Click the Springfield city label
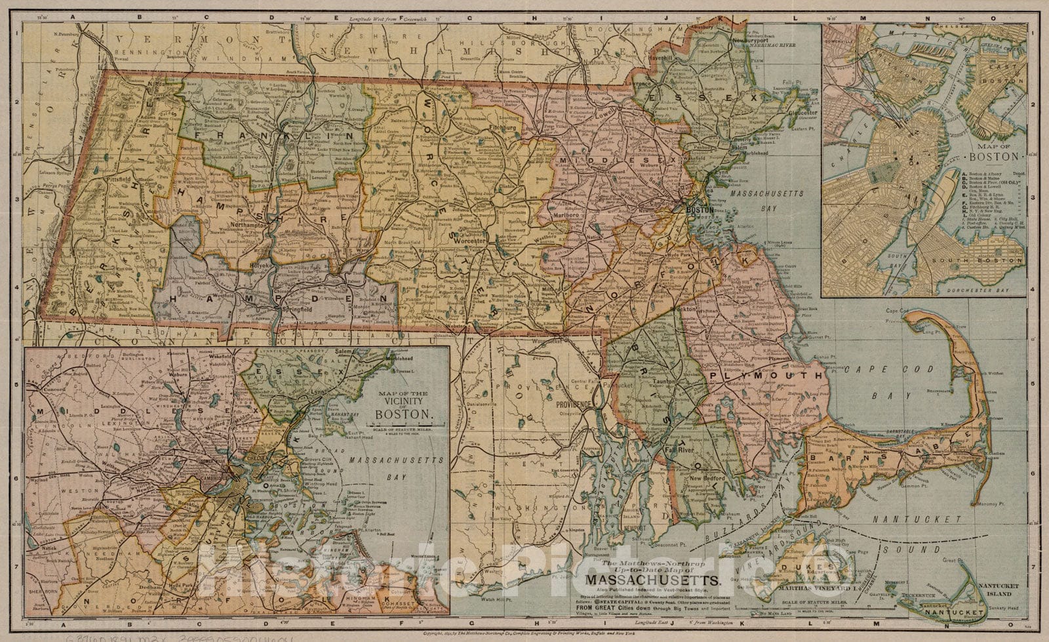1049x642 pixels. pyautogui.click(x=292, y=308)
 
